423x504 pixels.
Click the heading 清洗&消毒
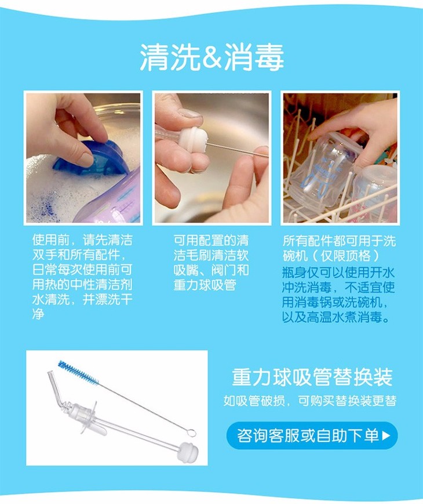coord(211,57)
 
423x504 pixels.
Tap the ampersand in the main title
coord(213,58)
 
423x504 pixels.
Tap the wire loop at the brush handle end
coord(191,433)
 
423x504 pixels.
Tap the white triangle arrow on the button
coord(386,436)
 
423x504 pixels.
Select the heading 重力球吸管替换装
coord(312,377)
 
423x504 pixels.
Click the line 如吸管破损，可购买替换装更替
coord(310,401)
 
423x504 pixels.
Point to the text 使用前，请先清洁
coord(82,240)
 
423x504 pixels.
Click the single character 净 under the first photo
coord(38,314)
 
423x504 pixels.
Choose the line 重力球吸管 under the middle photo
coord(205,285)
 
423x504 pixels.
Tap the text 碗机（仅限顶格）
coord(331,256)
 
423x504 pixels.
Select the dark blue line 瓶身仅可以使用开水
coord(338,272)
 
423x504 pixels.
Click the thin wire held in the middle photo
coord(238,150)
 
